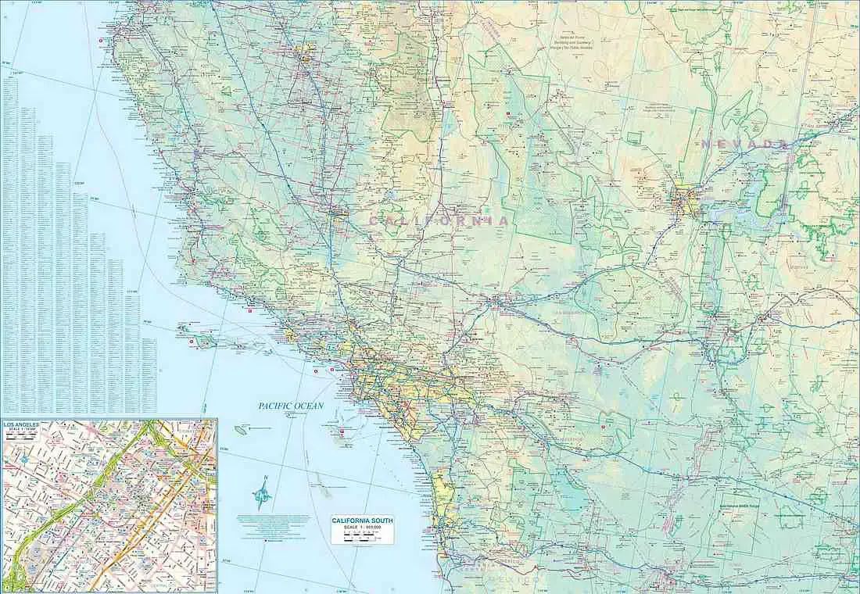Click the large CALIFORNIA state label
[x=439, y=221]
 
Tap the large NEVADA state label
[x=743, y=144]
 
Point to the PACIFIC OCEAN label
[x=291, y=406]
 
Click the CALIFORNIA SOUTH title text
[x=361, y=521]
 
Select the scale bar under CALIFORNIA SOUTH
[x=361, y=536]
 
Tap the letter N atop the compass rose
[x=266, y=478]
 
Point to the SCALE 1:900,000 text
[x=361, y=528]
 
